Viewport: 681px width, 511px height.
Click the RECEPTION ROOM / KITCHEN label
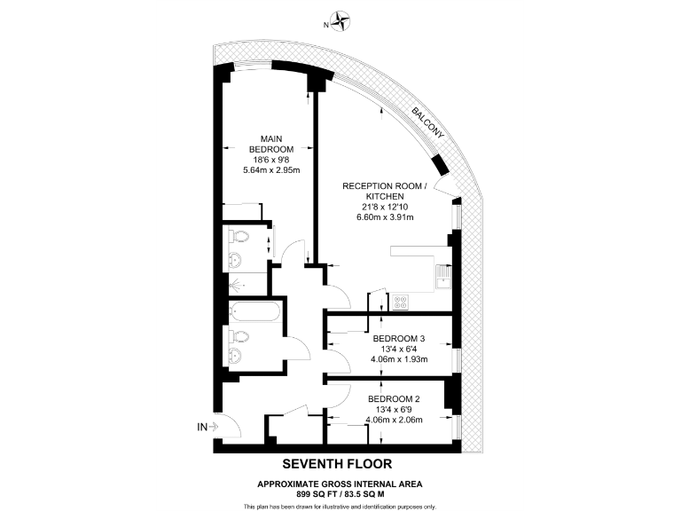coord(385,190)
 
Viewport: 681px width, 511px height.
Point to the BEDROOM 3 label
coord(398,339)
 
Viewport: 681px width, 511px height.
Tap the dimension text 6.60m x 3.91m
coord(385,216)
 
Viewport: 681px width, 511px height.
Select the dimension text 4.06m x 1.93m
coord(398,359)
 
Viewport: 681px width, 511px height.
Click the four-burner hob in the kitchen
coord(400,302)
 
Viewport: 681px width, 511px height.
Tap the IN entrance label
coord(203,428)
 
